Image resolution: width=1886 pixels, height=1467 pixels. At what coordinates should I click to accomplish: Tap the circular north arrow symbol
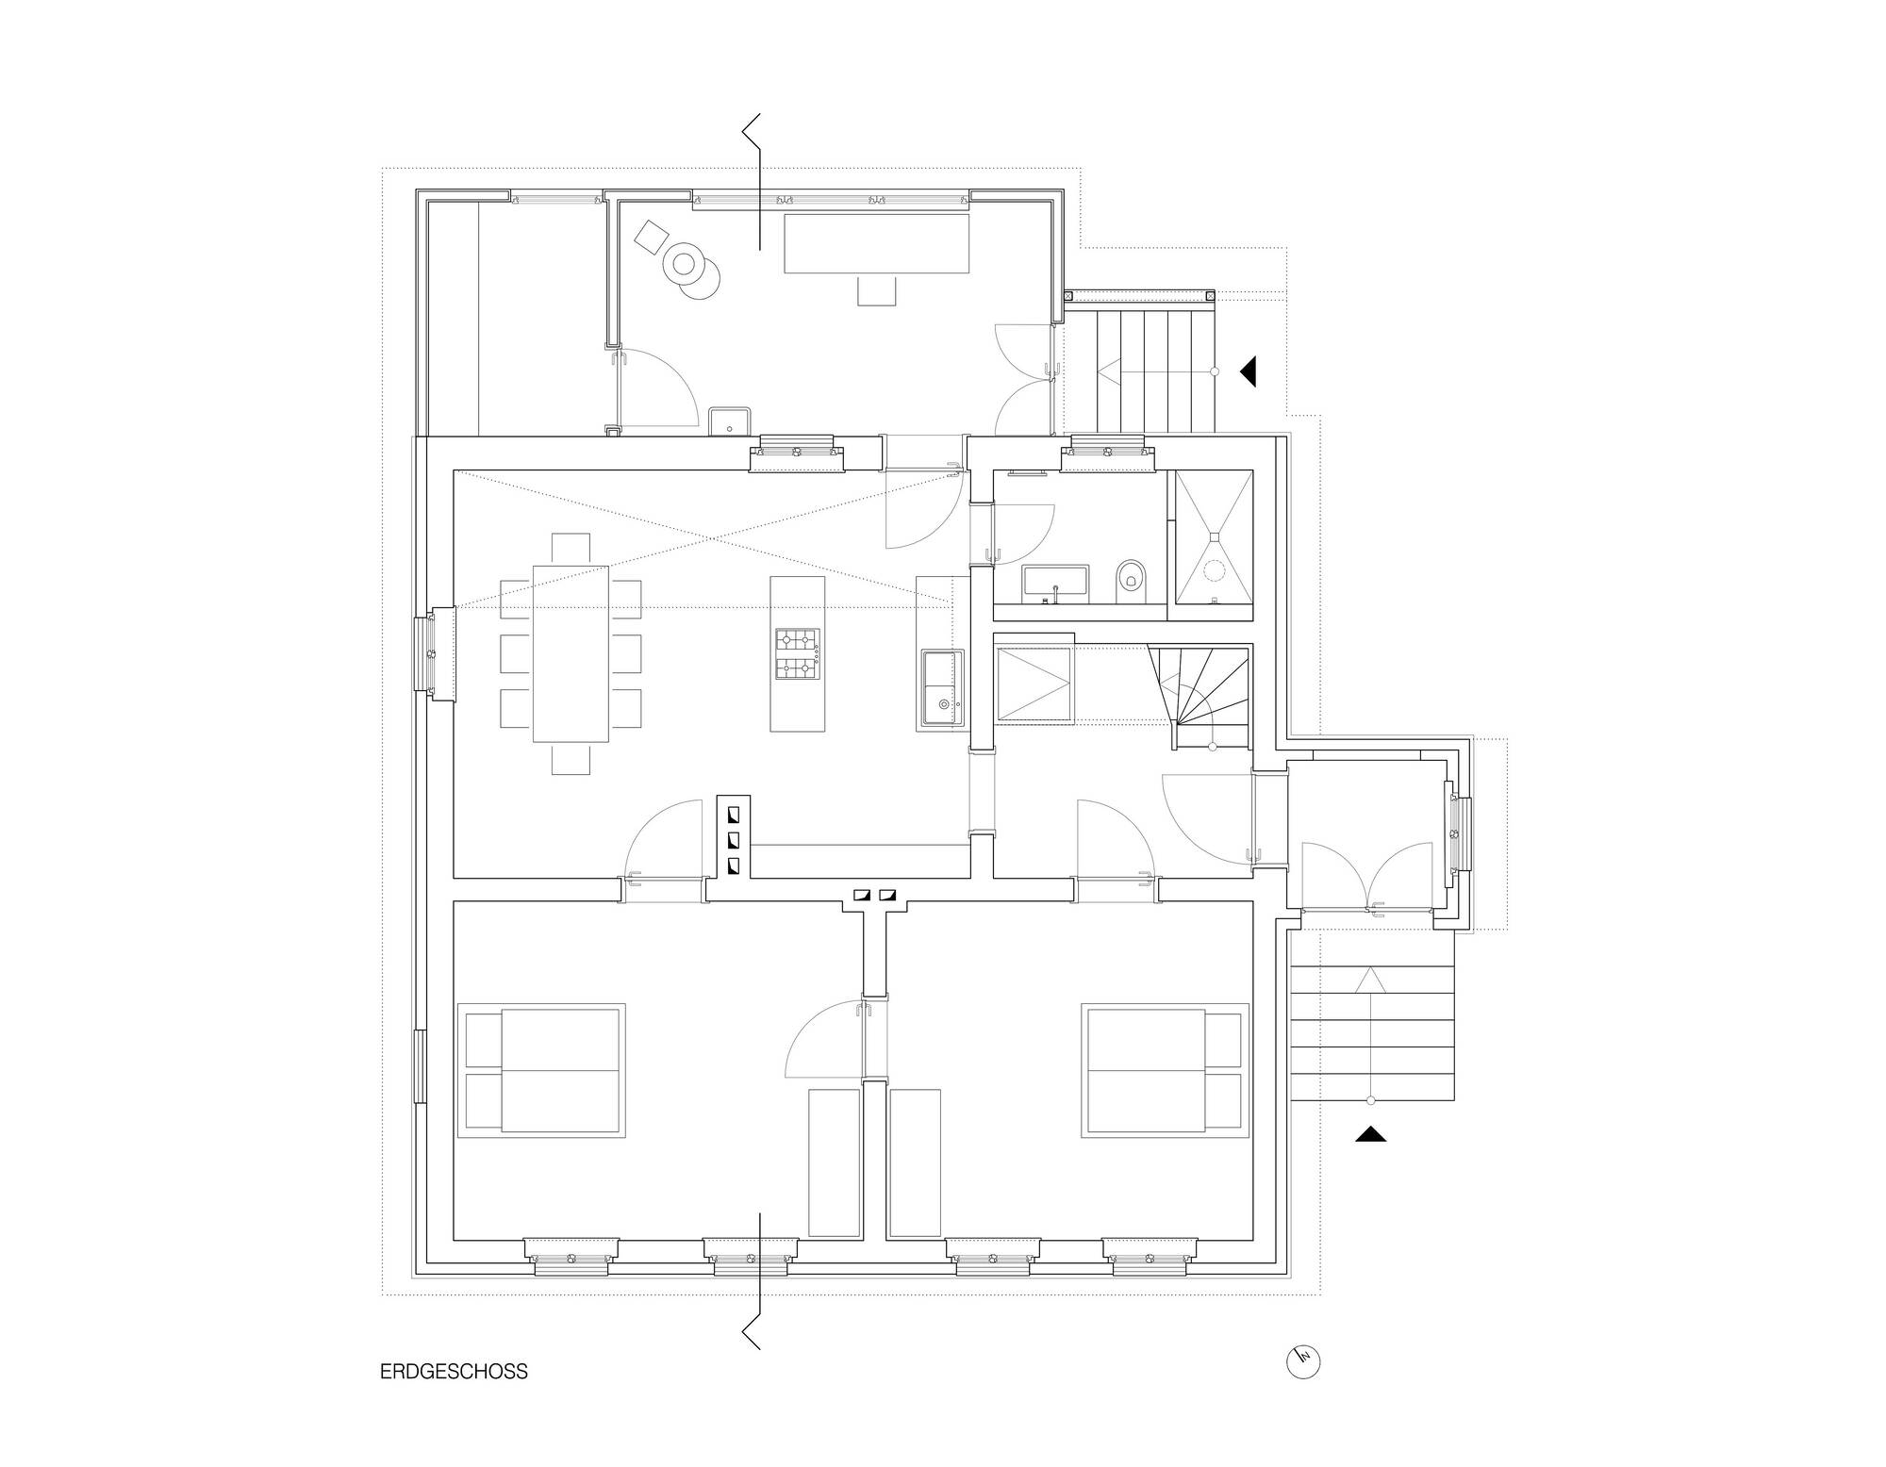(1303, 1361)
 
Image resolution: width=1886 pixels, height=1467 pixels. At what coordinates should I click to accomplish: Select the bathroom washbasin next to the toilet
(1055, 584)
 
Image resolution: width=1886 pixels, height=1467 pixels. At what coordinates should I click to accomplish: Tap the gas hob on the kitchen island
(797, 654)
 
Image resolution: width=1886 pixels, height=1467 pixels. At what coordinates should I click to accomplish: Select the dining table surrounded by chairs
(571, 653)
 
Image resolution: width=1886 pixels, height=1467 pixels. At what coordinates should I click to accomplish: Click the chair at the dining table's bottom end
(571, 759)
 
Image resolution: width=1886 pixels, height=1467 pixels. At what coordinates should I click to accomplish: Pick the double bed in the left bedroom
(542, 1070)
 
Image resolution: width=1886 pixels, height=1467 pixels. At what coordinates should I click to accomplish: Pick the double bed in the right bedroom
(1166, 1070)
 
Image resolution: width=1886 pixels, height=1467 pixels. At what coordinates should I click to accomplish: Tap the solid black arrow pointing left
(1249, 371)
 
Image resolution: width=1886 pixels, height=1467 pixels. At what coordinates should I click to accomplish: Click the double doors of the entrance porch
(1368, 877)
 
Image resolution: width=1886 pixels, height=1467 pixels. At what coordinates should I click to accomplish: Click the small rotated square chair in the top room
(651, 236)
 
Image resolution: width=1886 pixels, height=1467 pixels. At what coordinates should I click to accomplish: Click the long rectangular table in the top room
(877, 243)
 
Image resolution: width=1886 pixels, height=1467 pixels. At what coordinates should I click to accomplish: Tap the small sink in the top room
(729, 420)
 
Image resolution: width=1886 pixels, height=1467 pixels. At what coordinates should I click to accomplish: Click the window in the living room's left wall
(436, 654)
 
